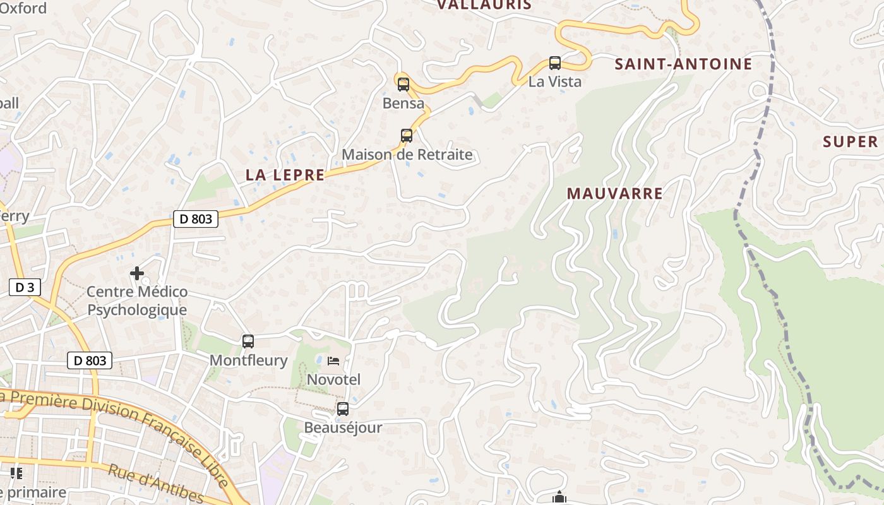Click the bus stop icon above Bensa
[403, 84]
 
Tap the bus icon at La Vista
[554, 63]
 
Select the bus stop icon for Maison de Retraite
[407, 136]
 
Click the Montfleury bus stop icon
[248, 342]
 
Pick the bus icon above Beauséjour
[343, 409]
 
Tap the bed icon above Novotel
[333, 361]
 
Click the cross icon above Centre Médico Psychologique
[136, 273]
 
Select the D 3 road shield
[25, 288]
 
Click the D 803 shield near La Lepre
[195, 219]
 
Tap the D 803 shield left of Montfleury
[90, 361]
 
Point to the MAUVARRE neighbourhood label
[615, 194]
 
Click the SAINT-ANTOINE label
[683, 64]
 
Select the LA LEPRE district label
[285, 175]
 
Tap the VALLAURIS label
[484, 5]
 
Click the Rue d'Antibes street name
[155, 484]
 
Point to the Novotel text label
[333, 379]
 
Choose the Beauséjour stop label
[343, 427]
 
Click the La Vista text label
[554, 81]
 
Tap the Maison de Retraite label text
[407, 155]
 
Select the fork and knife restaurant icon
[16, 473]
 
